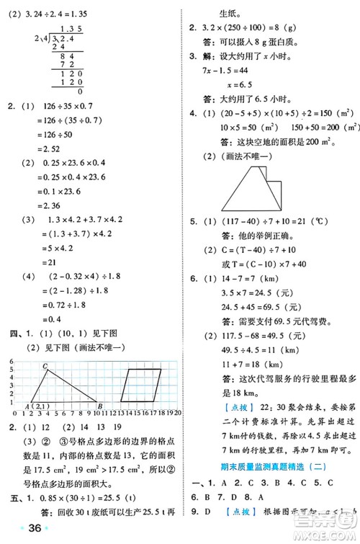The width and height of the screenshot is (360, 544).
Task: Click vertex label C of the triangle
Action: pos(45,367)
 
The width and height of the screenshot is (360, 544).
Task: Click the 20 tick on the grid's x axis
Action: pos(176,414)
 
